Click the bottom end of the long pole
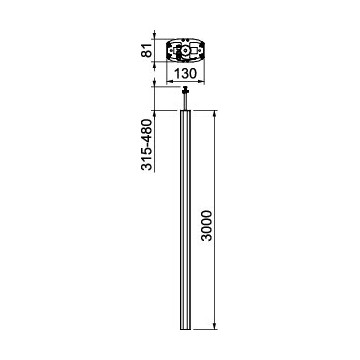pos(186,328)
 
